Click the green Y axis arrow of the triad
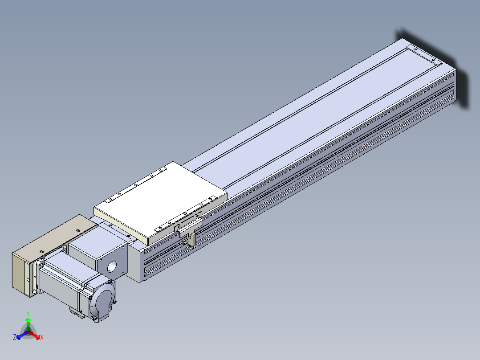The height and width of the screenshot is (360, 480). (x=28, y=324)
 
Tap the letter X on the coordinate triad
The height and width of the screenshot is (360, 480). (x=42, y=337)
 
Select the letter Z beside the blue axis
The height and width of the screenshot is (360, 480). (x=15, y=337)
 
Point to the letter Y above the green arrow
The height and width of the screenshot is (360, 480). (x=28, y=313)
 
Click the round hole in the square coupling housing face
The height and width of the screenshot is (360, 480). (x=112, y=266)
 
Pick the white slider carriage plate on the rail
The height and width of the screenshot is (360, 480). (x=160, y=202)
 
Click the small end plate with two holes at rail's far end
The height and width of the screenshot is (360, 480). (x=424, y=55)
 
